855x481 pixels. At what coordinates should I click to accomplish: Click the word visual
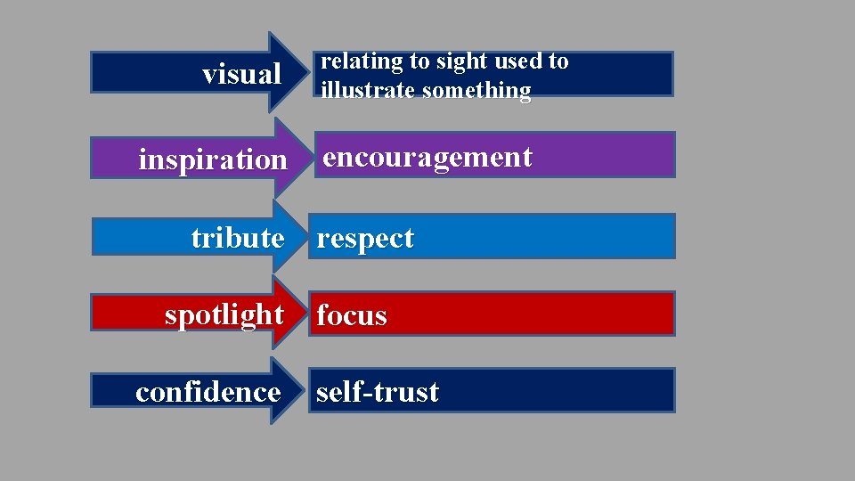click(x=241, y=75)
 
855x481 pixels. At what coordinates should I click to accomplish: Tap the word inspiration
click(x=213, y=160)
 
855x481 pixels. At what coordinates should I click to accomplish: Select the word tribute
click(x=237, y=238)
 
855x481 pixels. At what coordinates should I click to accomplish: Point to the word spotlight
click(x=224, y=314)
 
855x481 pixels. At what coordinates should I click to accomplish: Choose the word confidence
click(x=208, y=392)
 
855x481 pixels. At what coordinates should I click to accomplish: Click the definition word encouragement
click(x=427, y=157)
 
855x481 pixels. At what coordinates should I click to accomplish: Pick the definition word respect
click(x=365, y=239)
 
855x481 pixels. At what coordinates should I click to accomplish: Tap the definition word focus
click(x=352, y=315)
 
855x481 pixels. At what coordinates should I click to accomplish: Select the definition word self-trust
click(x=378, y=392)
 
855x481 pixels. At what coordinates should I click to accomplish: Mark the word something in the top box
click(x=476, y=91)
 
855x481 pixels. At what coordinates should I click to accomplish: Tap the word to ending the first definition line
click(x=558, y=61)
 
